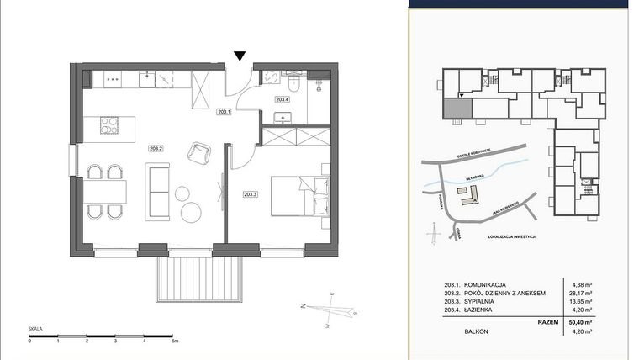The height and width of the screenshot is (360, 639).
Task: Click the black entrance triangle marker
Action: point(240,56)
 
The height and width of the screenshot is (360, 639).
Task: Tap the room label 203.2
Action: point(156,148)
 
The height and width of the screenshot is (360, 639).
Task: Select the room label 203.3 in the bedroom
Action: point(250,194)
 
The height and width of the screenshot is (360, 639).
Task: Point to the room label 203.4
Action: point(283,99)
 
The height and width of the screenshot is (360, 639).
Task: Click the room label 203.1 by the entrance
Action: point(223,111)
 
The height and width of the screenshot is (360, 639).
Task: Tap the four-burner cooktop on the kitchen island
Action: point(111,125)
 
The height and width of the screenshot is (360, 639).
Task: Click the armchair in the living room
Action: point(200,152)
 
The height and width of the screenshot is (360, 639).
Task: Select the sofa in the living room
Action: point(157,189)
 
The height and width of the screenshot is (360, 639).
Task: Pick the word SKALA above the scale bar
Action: point(35,330)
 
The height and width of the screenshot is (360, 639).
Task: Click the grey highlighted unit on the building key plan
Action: point(457,107)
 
